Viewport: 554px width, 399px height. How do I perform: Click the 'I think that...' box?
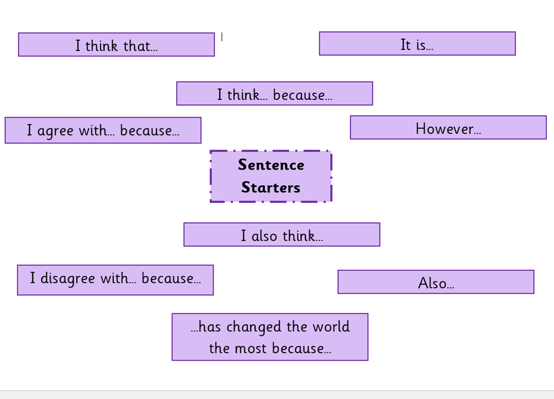pos(116,45)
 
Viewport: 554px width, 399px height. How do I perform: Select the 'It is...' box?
pos(417,43)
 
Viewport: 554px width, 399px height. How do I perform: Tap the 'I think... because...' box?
pos(274,93)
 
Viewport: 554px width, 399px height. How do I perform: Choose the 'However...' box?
pos(448,128)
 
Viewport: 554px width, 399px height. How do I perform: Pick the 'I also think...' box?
pos(282,234)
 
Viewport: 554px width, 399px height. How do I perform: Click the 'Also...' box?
pos(436,282)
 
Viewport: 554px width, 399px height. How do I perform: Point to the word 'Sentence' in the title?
pos(271,165)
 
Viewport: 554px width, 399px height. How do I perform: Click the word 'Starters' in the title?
pos(271,187)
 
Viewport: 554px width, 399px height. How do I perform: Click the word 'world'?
pos(331,326)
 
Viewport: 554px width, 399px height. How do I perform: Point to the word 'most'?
pos(251,349)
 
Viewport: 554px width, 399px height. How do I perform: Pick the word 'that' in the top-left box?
pos(137,46)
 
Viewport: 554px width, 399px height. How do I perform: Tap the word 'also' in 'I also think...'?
pos(264,236)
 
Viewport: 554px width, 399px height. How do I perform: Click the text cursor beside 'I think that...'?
pos(222,37)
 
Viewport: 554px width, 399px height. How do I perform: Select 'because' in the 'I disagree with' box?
pos(168,278)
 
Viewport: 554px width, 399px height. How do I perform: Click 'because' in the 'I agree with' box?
pos(146,130)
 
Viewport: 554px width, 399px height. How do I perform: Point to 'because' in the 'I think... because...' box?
pos(299,95)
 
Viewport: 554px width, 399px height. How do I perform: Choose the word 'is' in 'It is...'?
pos(421,45)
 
